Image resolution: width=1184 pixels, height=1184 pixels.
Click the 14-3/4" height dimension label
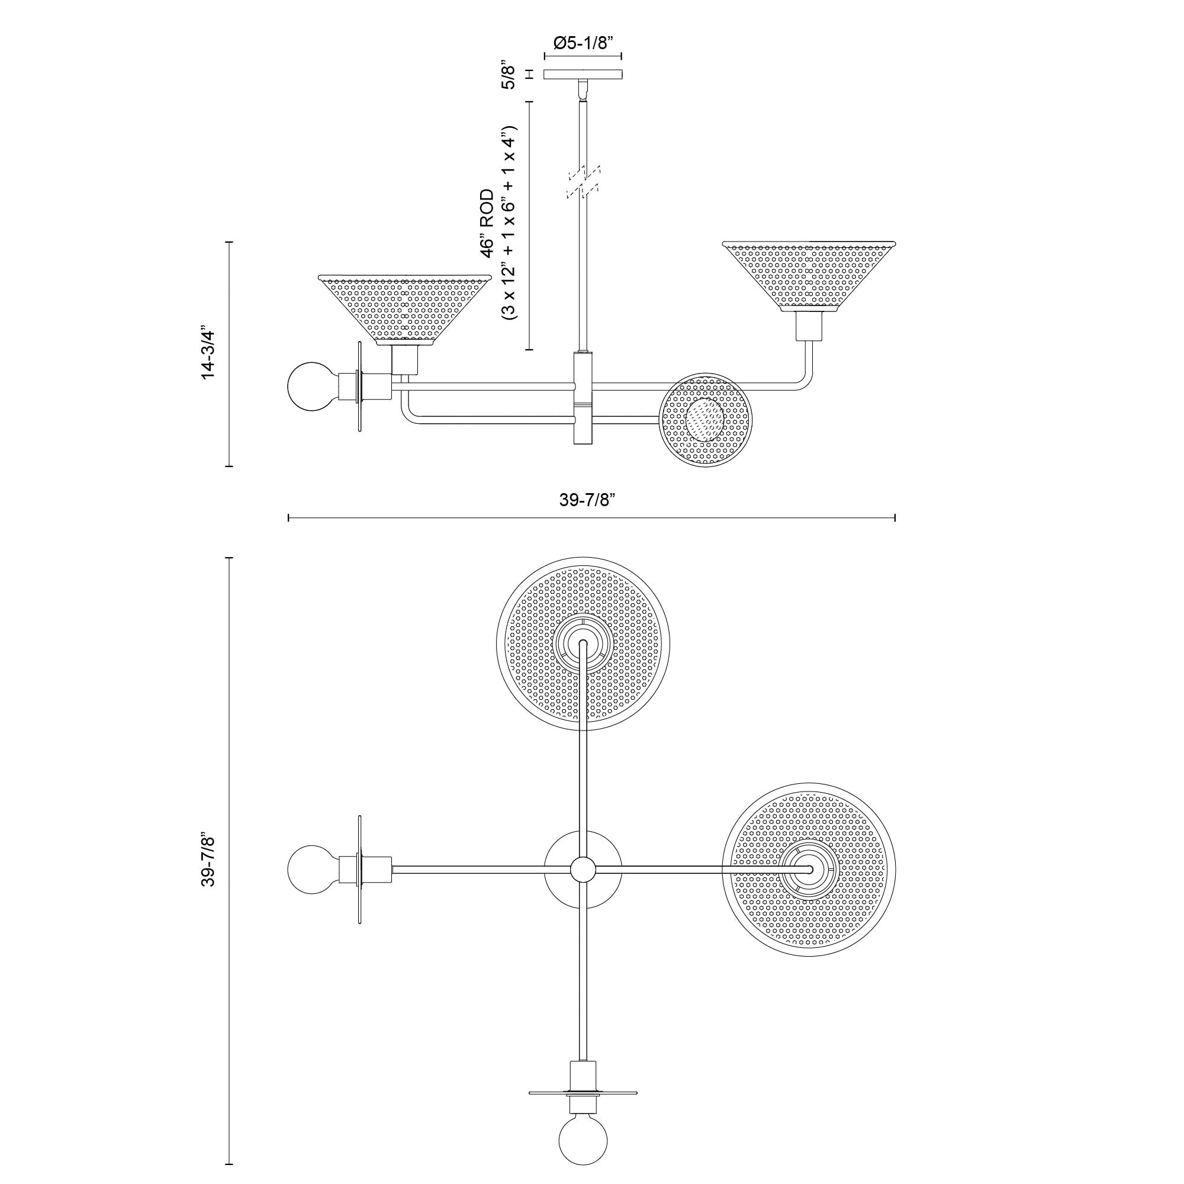click(208, 354)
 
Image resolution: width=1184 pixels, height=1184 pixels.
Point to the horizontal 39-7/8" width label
click(587, 500)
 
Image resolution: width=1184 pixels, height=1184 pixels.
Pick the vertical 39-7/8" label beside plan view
click(208, 858)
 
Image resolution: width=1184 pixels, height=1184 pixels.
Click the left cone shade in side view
click(404, 310)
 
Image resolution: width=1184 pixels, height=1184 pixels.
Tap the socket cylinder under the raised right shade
click(809, 326)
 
